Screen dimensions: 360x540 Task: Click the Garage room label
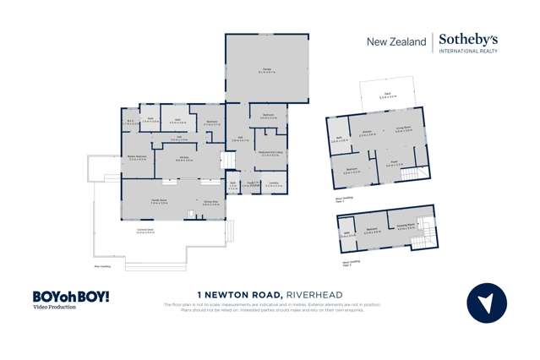point(265,70)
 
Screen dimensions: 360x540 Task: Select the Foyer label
point(395,164)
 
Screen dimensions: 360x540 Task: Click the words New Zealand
point(395,41)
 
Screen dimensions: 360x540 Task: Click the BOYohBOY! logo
point(71,297)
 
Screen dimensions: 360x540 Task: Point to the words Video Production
point(54,308)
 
